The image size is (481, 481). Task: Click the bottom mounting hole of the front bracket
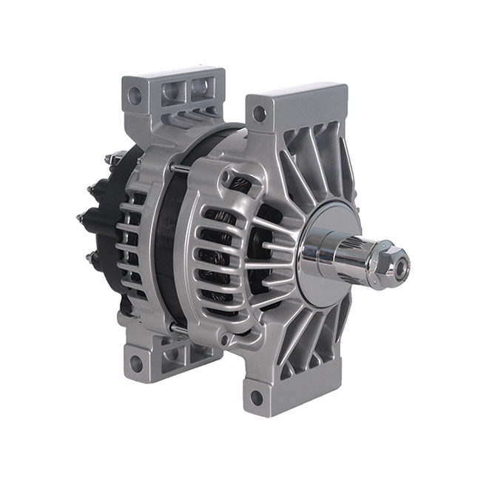pos(257,397)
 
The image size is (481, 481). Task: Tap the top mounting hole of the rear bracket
pos(135,95)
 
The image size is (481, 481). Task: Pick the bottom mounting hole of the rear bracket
pos(135,363)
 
